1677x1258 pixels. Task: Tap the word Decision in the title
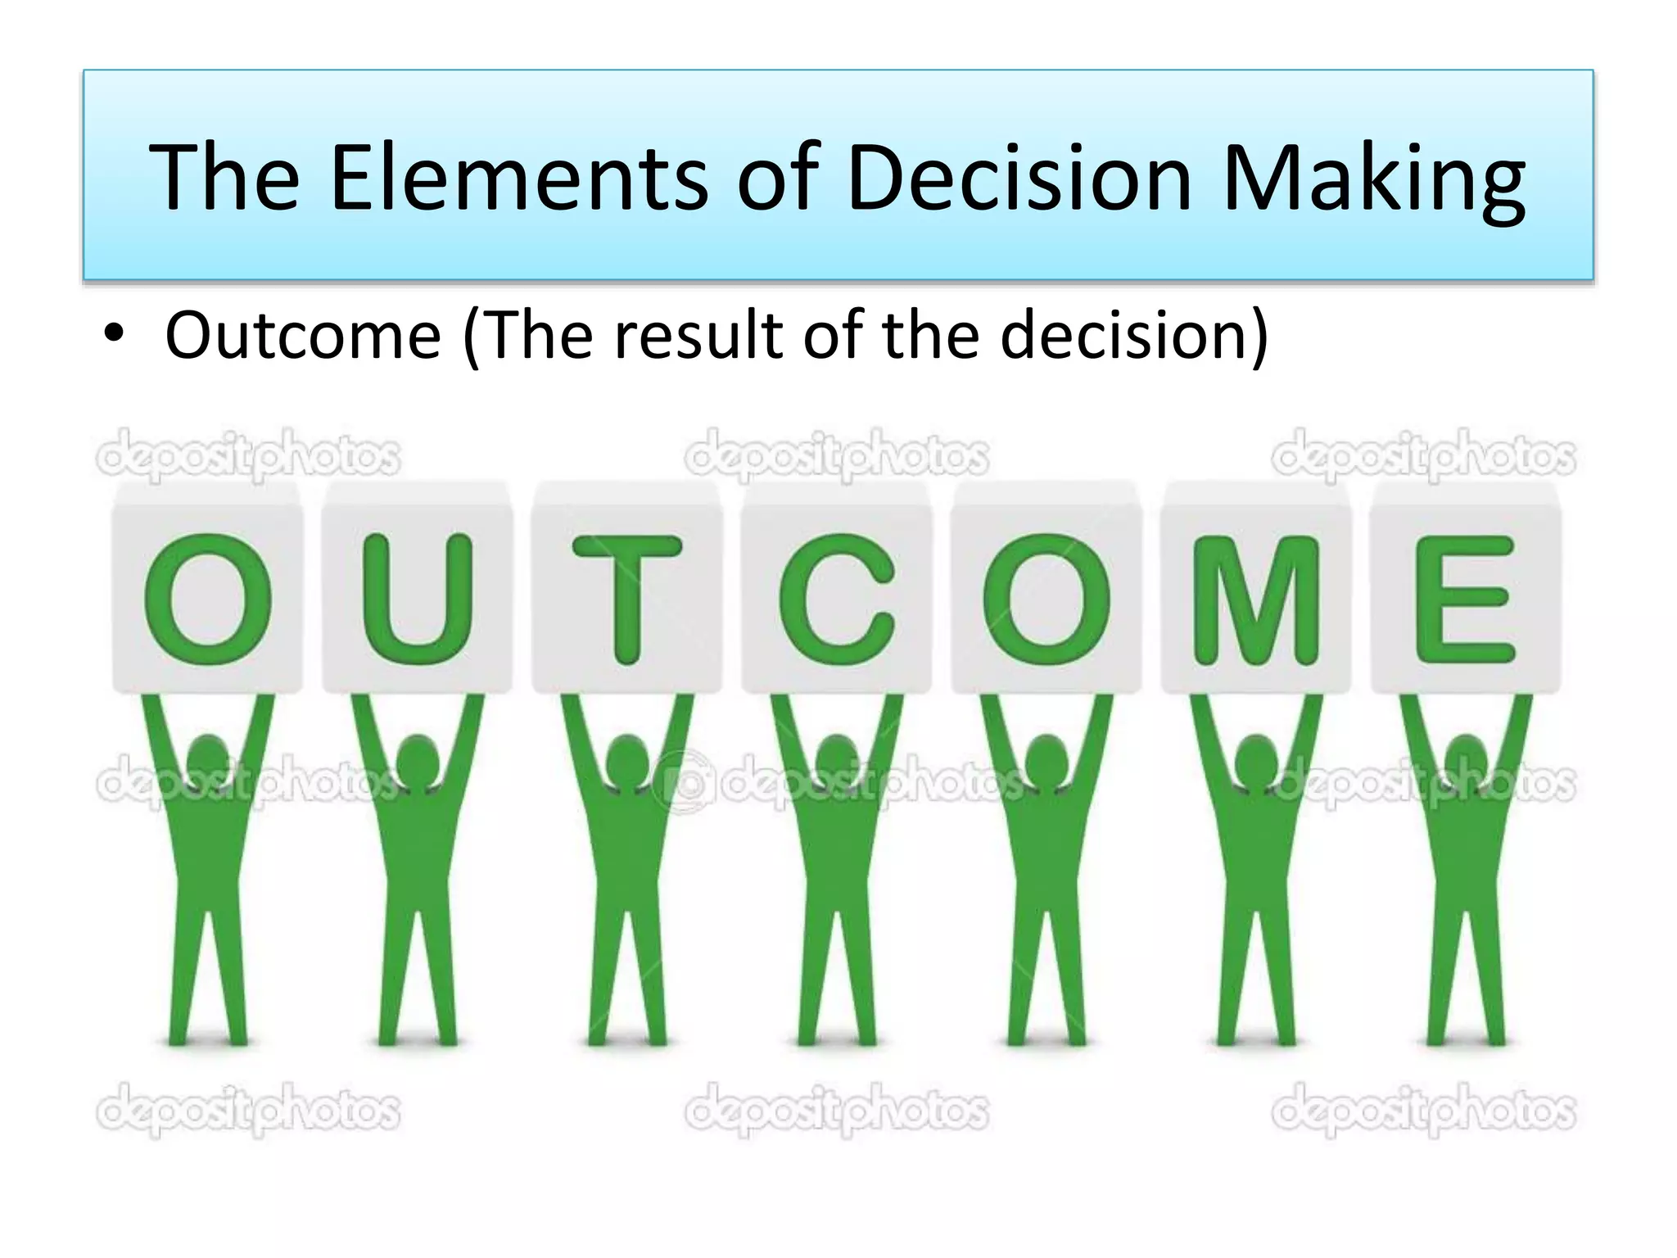(1019, 177)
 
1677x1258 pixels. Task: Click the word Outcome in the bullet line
(303, 335)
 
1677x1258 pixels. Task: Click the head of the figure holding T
(627, 758)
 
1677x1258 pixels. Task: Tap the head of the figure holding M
(1256, 758)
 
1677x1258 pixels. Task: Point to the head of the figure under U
(418, 758)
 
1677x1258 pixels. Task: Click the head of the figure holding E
(1466, 758)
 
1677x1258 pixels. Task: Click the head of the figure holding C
(837, 758)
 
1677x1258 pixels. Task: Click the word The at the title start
(224, 177)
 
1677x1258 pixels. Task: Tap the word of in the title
(778, 177)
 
